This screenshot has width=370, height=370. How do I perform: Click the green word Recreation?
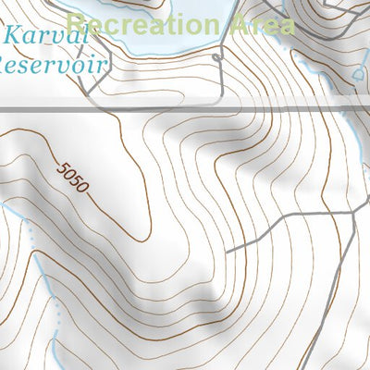pos(148,24)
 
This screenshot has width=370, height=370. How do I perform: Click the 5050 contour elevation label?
pos(71,177)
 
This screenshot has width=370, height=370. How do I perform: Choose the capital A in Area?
pos(242,24)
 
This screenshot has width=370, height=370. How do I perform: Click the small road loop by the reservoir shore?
pos(218,58)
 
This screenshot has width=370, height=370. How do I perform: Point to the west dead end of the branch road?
pos(228,251)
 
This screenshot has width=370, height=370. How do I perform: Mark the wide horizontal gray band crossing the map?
pos(185,109)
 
